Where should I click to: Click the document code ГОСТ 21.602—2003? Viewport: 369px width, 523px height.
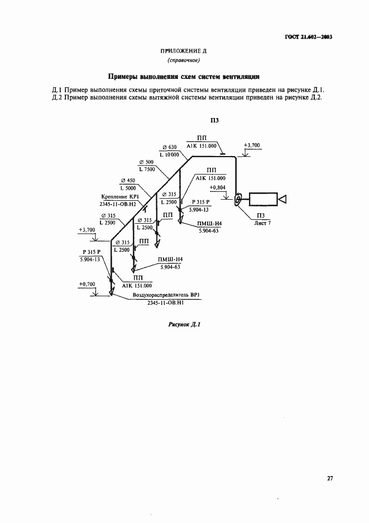tap(309, 37)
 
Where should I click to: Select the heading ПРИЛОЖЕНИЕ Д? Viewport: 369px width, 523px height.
tap(184, 51)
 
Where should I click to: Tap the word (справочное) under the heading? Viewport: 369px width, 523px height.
tap(184, 60)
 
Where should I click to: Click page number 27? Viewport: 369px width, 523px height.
tap(330, 478)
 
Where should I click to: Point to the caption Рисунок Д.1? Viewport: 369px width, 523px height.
tap(184, 324)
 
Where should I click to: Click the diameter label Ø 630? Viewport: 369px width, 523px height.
tap(170, 147)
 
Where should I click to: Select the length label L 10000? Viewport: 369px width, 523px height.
tap(169, 155)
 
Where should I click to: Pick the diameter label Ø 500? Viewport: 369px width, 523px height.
tap(147, 162)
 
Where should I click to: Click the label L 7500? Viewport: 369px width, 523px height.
tap(147, 169)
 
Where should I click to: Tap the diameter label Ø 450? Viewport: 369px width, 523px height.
tap(128, 181)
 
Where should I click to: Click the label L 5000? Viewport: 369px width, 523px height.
tap(128, 188)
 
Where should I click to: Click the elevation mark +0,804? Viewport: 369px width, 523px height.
tap(218, 188)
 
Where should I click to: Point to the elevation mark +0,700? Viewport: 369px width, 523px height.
tap(87, 284)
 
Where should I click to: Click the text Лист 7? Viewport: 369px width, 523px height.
tap(262, 223)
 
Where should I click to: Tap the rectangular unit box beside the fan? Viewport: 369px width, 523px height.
tap(263, 199)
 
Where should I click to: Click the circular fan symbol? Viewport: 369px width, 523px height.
tap(239, 200)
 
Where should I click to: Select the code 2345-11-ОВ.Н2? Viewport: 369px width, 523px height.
tap(117, 204)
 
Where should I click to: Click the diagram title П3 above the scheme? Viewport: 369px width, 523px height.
tap(214, 121)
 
